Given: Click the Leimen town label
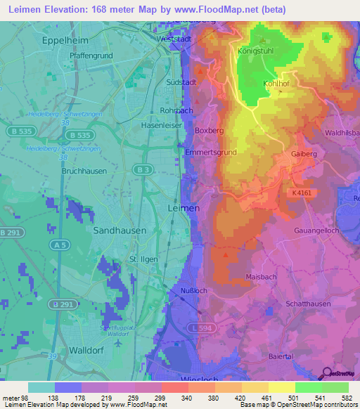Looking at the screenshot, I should pos(184,209).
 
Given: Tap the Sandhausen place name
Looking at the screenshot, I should pos(120,229).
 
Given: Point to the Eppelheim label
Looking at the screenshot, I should pos(64,41).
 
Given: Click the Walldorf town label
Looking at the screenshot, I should pos(87,349).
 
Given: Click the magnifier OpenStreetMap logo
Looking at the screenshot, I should pos(328,373).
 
